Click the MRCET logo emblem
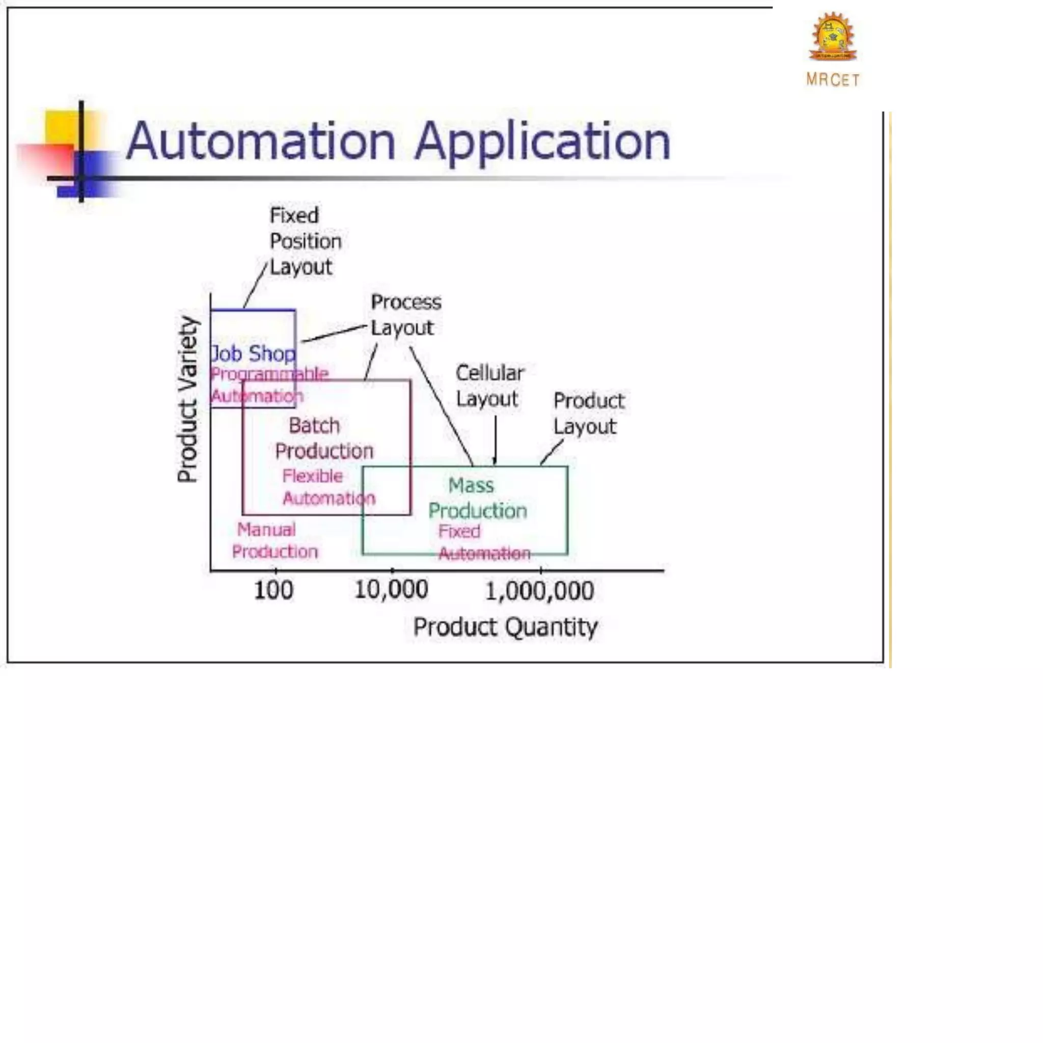tap(833, 37)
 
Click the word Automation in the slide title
tap(261, 141)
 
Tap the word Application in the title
tap(542, 142)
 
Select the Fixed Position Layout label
tap(305, 241)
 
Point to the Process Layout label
tap(405, 315)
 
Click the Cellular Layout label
tap(489, 386)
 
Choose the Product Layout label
tap(588, 414)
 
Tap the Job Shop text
tap(253, 354)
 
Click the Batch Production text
tap(323, 438)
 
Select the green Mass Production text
tap(477, 498)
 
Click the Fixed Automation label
tap(484, 542)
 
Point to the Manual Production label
tap(275, 540)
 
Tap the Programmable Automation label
tap(268, 385)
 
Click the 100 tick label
tap(273, 590)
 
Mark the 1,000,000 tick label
tap(539, 591)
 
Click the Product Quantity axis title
tap(505, 627)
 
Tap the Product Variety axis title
tap(188, 399)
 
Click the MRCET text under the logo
tap(833, 80)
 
